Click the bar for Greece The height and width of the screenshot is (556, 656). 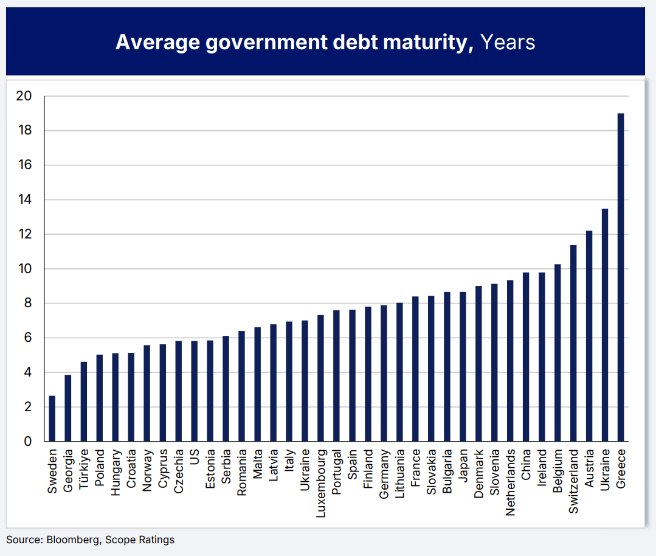[x=620, y=277]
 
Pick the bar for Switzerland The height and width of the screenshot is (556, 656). [x=573, y=343]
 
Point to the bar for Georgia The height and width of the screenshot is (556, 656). [x=68, y=408]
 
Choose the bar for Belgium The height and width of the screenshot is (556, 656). [x=557, y=353]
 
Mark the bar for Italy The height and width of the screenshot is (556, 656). [x=289, y=381]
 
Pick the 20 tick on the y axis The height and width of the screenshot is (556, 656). [x=25, y=96]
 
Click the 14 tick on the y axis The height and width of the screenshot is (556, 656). [x=25, y=200]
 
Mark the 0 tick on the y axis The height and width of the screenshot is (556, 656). [x=28, y=441]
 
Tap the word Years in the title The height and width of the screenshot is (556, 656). [x=508, y=42]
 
